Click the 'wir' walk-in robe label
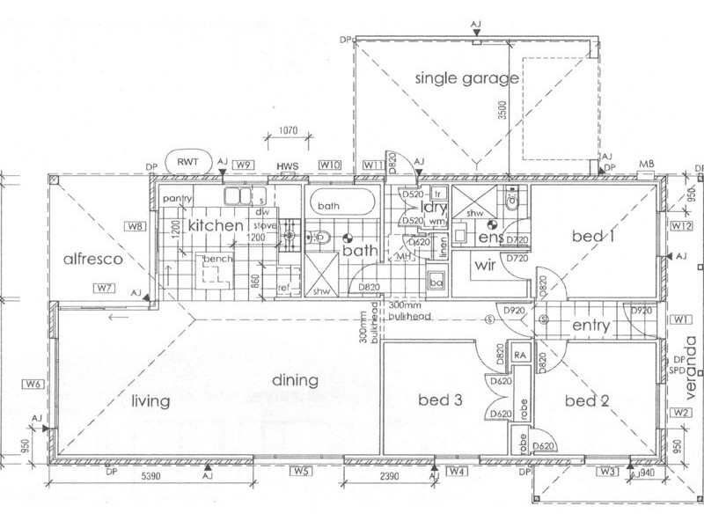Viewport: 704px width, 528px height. tap(489, 263)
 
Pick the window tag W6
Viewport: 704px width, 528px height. tap(33, 385)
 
